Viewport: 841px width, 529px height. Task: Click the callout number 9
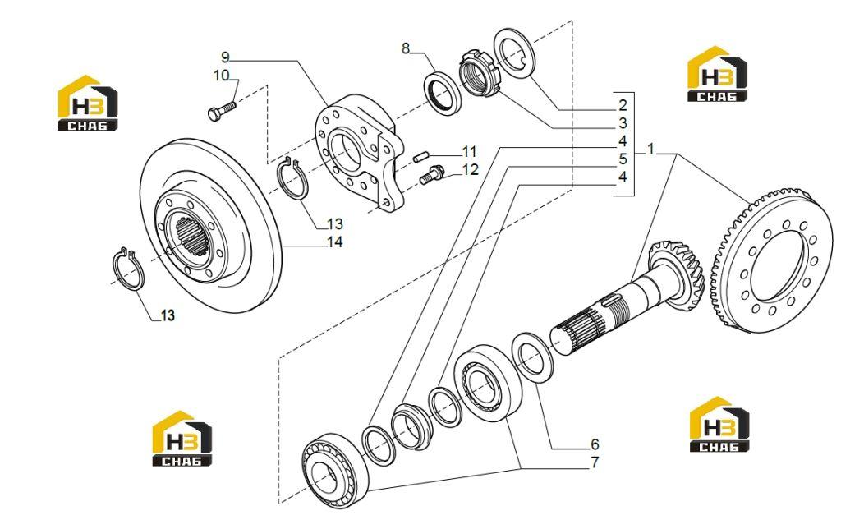coord(225,57)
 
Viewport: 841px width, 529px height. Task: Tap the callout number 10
coord(222,75)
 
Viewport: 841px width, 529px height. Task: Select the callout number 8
coord(406,48)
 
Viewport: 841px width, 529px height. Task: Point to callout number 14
coord(335,242)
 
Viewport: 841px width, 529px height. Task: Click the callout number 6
coord(595,444)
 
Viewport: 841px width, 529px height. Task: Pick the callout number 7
coord(595,462)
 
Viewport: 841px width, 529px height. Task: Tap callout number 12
coord(470,170)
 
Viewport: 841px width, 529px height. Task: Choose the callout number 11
coord(469,152)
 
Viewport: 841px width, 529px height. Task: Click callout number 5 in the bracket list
coord(623,159)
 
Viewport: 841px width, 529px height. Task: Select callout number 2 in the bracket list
coord(623,104)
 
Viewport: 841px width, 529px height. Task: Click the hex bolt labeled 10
coord(221,111)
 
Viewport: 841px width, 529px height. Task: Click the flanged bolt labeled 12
coord(432,174)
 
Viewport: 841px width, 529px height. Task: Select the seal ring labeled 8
coord(443,92)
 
